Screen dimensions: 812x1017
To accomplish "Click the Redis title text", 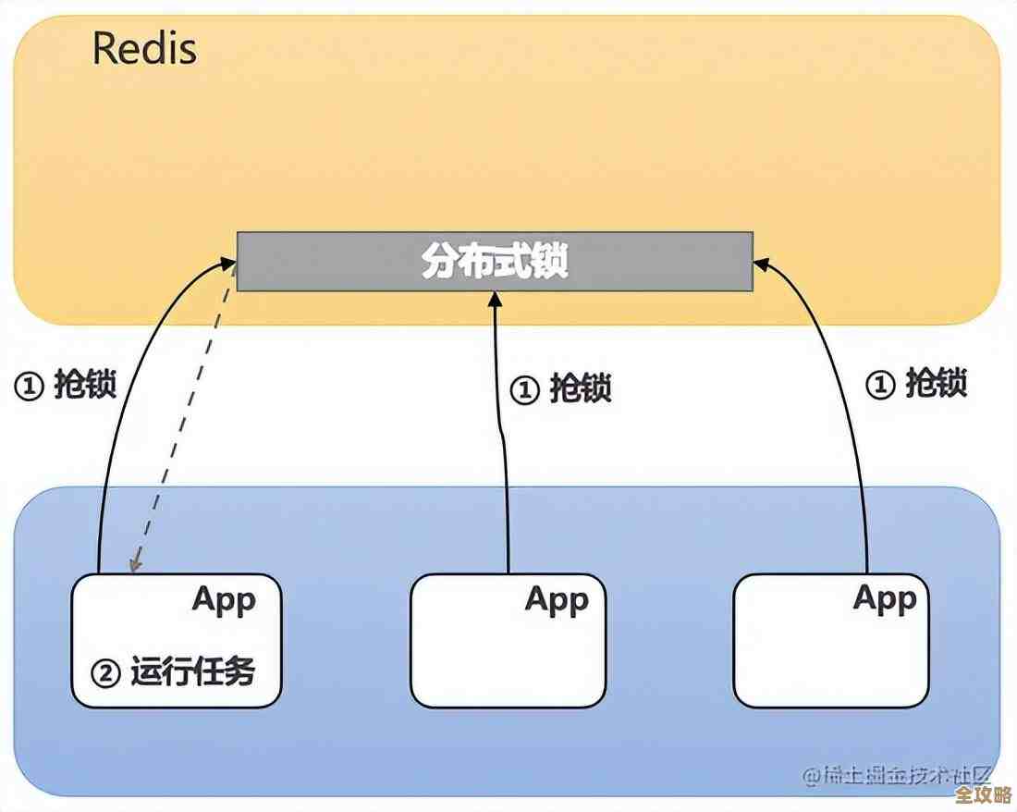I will [144, 49].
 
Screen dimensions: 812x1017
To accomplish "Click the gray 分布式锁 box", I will [495, 262].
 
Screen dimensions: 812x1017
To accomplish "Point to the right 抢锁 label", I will [936, 383].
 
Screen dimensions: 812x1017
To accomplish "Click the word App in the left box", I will [224, 599].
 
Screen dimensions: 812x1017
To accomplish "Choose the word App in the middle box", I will [557, 599].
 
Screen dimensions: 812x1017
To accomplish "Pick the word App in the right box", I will [885, 598].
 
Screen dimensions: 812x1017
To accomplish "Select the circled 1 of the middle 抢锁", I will [524, 389].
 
